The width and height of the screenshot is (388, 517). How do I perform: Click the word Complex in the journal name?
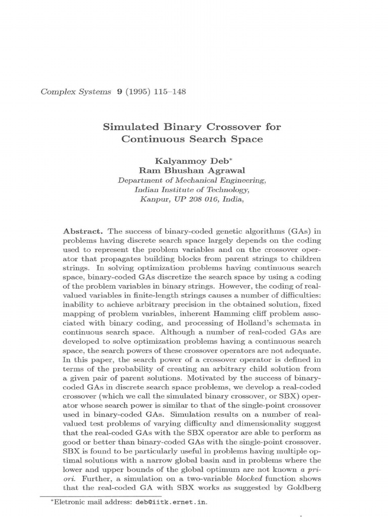[53, 92]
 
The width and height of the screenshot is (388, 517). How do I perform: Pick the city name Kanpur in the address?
[153, 199]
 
